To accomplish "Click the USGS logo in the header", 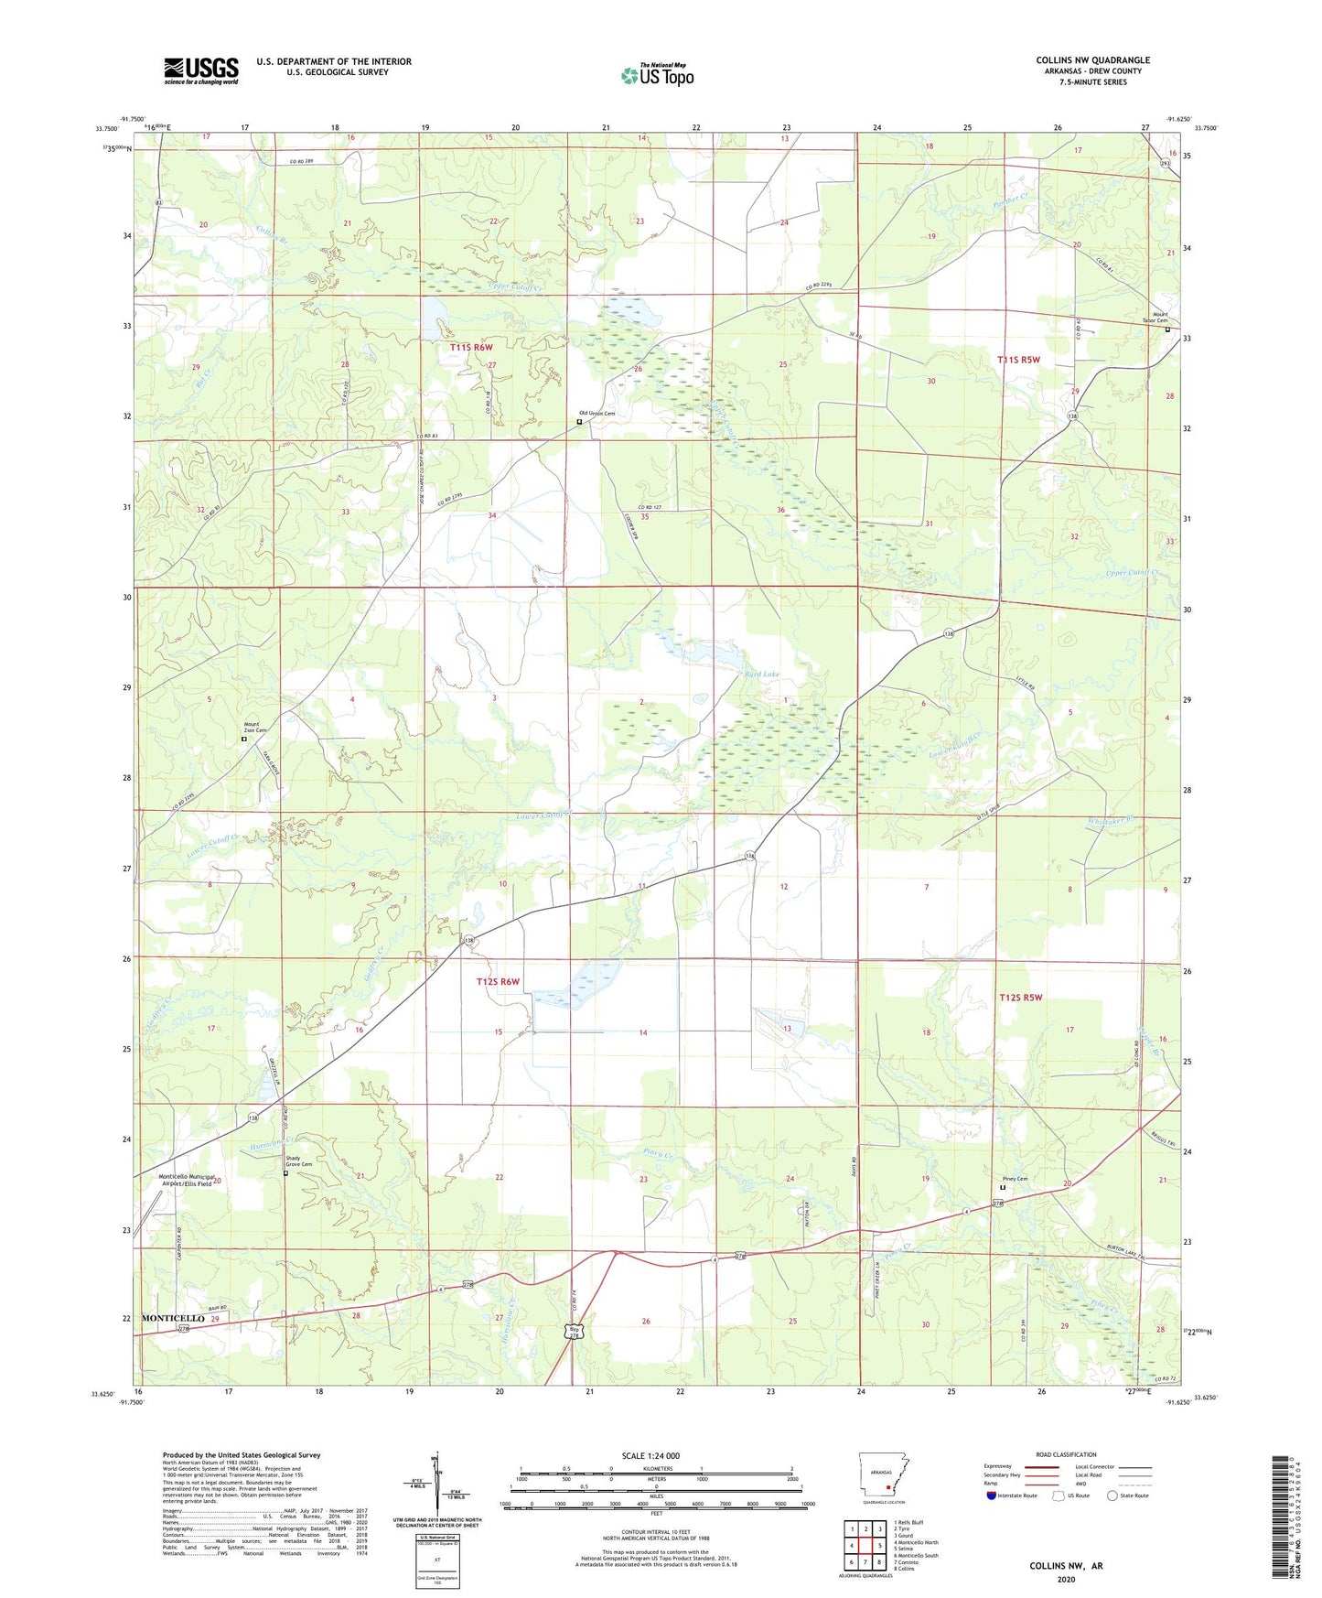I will pos(201,70).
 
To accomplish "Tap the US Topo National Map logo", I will pos(657,75).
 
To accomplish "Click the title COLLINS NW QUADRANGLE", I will pos(1092,60).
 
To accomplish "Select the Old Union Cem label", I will pos(596,414).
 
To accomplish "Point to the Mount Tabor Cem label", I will pos(1155,317).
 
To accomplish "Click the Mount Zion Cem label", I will pos(255,728).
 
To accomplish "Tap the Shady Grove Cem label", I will pos(296,1161).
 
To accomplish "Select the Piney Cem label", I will pos(1016,1179).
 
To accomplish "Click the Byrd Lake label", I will pos(761,675).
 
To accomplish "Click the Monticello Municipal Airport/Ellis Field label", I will pos(186,1180).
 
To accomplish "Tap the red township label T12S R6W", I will pos(498,982).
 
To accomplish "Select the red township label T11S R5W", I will pos(1019,360).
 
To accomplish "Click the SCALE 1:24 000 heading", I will pos(650,1456).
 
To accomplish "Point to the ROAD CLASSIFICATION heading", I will pos(1066,1454).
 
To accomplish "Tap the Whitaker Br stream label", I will pos(1111,821).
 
